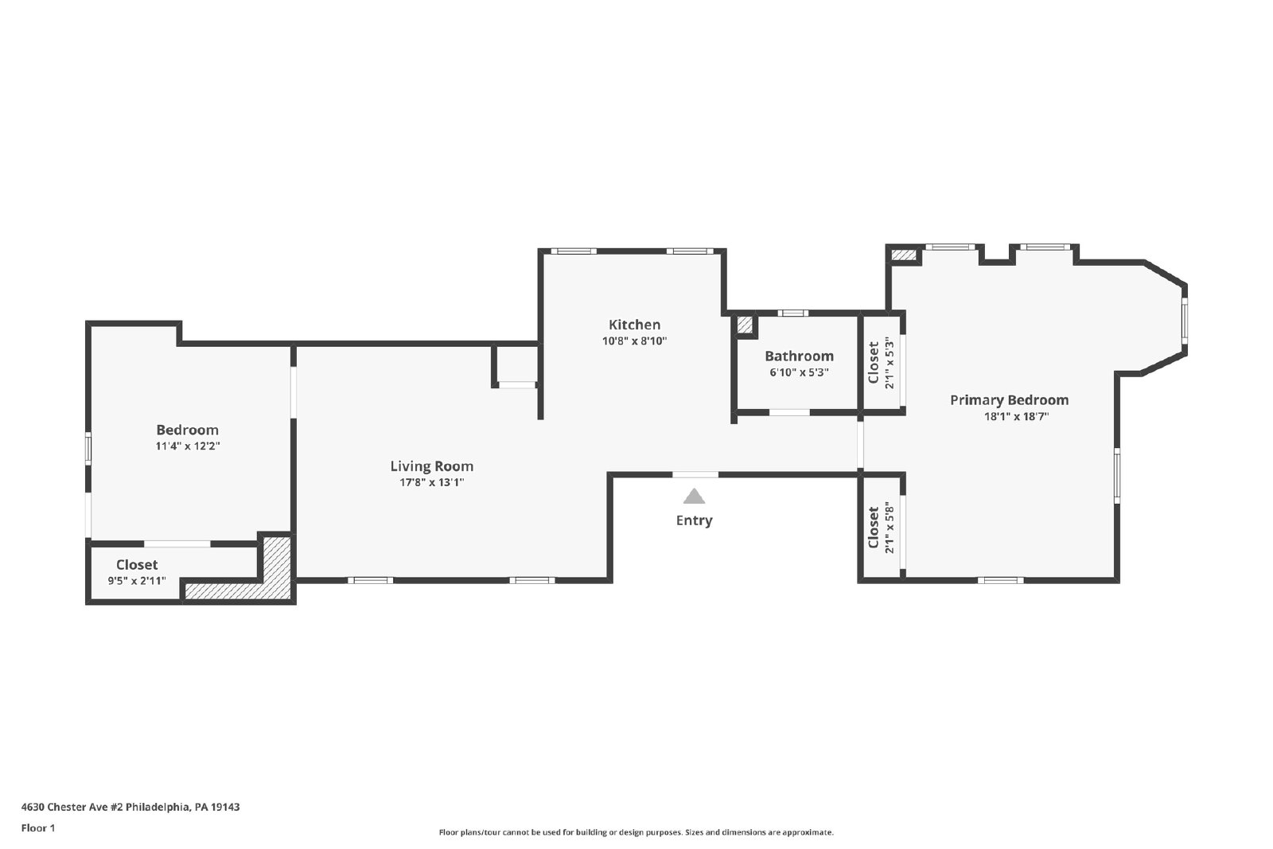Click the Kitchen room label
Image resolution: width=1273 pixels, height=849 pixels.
[x=634, y=325]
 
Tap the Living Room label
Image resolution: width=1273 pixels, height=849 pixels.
[x=431, y=466]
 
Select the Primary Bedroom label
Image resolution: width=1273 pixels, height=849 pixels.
[x=1010, y=400]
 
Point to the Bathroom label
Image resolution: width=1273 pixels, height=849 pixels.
[x=799, y=356]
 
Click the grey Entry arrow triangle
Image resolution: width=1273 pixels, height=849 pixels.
[x=694, y=496]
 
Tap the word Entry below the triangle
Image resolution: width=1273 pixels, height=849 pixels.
[x=694, y=520]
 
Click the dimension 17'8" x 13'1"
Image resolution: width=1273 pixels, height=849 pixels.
[x=432, y=482]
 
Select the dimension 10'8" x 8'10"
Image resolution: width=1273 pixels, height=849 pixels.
[x=634, y=341]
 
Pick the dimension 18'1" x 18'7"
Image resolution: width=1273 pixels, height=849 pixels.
[x=1016, y=416]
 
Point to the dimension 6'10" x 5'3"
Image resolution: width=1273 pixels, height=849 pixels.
[x=799, y=373]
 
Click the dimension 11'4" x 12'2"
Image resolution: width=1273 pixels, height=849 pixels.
[x=188, y=446]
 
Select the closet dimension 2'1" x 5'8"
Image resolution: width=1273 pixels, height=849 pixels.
[x=890, y=530]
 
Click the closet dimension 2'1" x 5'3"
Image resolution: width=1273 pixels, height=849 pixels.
[x=890, y=364]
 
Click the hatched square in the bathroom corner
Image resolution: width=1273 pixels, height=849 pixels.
[x=745, y=325]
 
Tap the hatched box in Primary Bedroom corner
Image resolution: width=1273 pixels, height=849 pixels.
[x=904, y=255]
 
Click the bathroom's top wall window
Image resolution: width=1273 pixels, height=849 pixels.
[x=792, y=314]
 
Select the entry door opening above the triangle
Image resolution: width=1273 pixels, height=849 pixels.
[x=695, y=474]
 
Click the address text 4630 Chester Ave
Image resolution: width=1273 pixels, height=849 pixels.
[x=72, y=807]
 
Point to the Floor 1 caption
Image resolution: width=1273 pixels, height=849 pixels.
[x=38, y=828]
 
